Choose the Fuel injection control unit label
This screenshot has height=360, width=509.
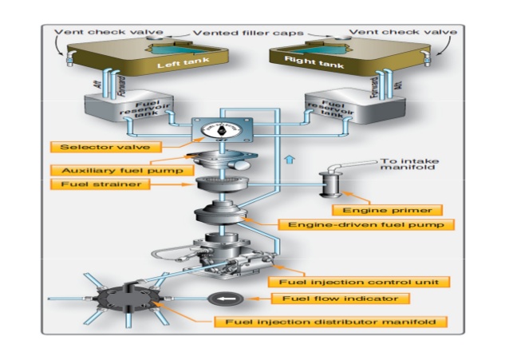(x=357, y=282)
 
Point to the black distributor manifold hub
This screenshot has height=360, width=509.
(x=116, y=298)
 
